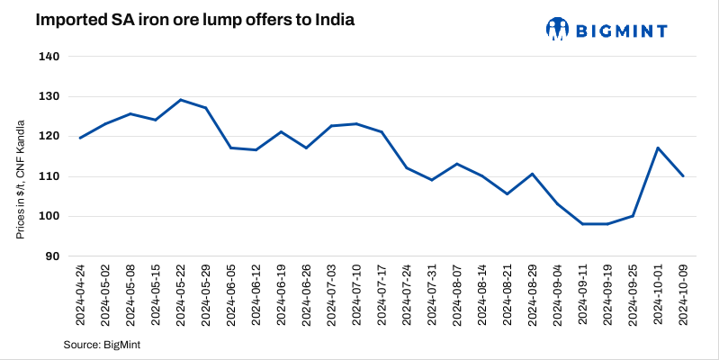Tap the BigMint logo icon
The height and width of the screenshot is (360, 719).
pyautogui.click(x=558, y=29)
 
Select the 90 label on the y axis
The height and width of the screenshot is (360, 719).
pyautogui.click(x=52, y=256)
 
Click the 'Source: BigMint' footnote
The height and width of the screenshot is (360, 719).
pyautogui.click(x=102, y=345)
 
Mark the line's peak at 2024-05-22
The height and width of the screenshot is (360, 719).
pyautogui.click(x=181, y=100)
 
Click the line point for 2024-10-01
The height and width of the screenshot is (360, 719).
pyautogui.click(x=658, y=148)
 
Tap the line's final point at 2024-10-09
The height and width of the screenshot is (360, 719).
pyautogui.click(x=683, y=175)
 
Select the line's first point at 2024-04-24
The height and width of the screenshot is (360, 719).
pyautogui.click(x=81, y=138)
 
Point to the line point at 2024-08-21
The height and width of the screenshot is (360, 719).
pyautogui.click(x=508, y=193)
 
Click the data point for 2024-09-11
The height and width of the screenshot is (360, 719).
pyautogui.click(x=582, y=224)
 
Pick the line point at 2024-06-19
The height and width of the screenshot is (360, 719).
pyautogui.click(x=282, y=131)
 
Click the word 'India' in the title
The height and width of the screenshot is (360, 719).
pyautogui.click(x=321, y=20)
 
